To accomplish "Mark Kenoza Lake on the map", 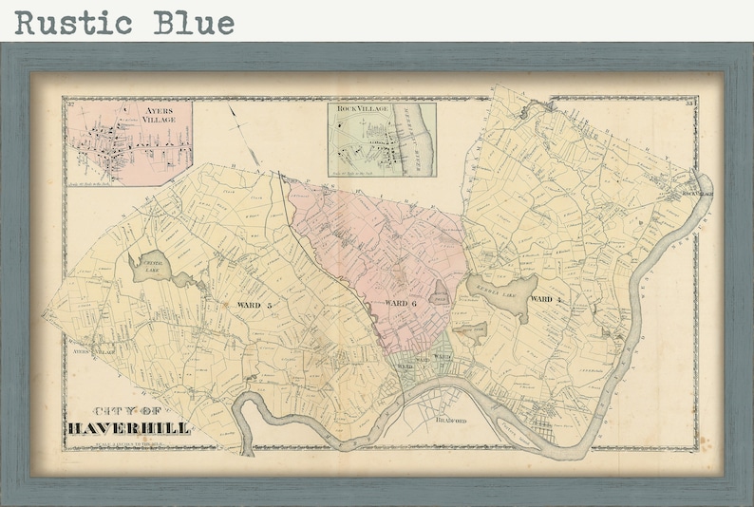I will tap(500, 289).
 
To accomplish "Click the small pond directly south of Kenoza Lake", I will tap(472, 333).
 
